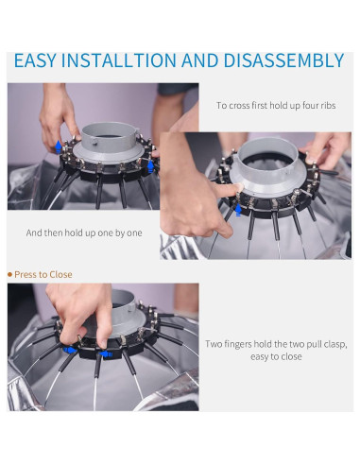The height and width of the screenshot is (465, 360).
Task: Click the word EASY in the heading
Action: click(35, 60)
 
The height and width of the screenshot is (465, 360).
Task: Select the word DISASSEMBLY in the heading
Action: click(283, 60)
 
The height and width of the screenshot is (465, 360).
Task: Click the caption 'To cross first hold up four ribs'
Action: click(276, 105)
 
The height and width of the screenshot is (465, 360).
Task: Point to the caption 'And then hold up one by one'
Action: click(84, 232)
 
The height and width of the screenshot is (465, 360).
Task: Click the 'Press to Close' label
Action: click(43, 274)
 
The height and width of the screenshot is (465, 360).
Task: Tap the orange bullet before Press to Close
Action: click(9, 275)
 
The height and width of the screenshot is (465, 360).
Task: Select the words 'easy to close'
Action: click(276, 356)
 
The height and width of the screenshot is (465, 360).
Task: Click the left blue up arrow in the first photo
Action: click(59, 146)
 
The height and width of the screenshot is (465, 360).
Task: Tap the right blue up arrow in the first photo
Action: click(150, 166)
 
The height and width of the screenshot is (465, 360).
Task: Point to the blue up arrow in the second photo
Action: click(238, 210)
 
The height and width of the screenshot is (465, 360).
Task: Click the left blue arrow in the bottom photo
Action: click(70, 351)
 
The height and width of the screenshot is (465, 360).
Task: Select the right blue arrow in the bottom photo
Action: click(106, 354)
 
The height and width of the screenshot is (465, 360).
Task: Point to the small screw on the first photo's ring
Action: click(94, 141)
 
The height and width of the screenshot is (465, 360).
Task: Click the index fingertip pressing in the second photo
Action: click(239, 187)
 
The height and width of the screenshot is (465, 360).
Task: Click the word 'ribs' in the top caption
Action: click(328, 105)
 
